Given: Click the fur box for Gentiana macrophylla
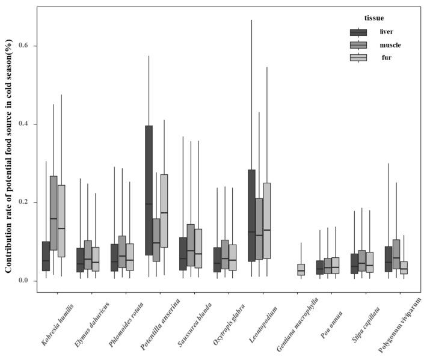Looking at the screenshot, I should coord(301,269).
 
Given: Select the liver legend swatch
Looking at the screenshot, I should coord(358,32).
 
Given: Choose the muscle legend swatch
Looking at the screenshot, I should coord(358,45).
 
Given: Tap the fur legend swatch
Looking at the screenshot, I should coord(358,58).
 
